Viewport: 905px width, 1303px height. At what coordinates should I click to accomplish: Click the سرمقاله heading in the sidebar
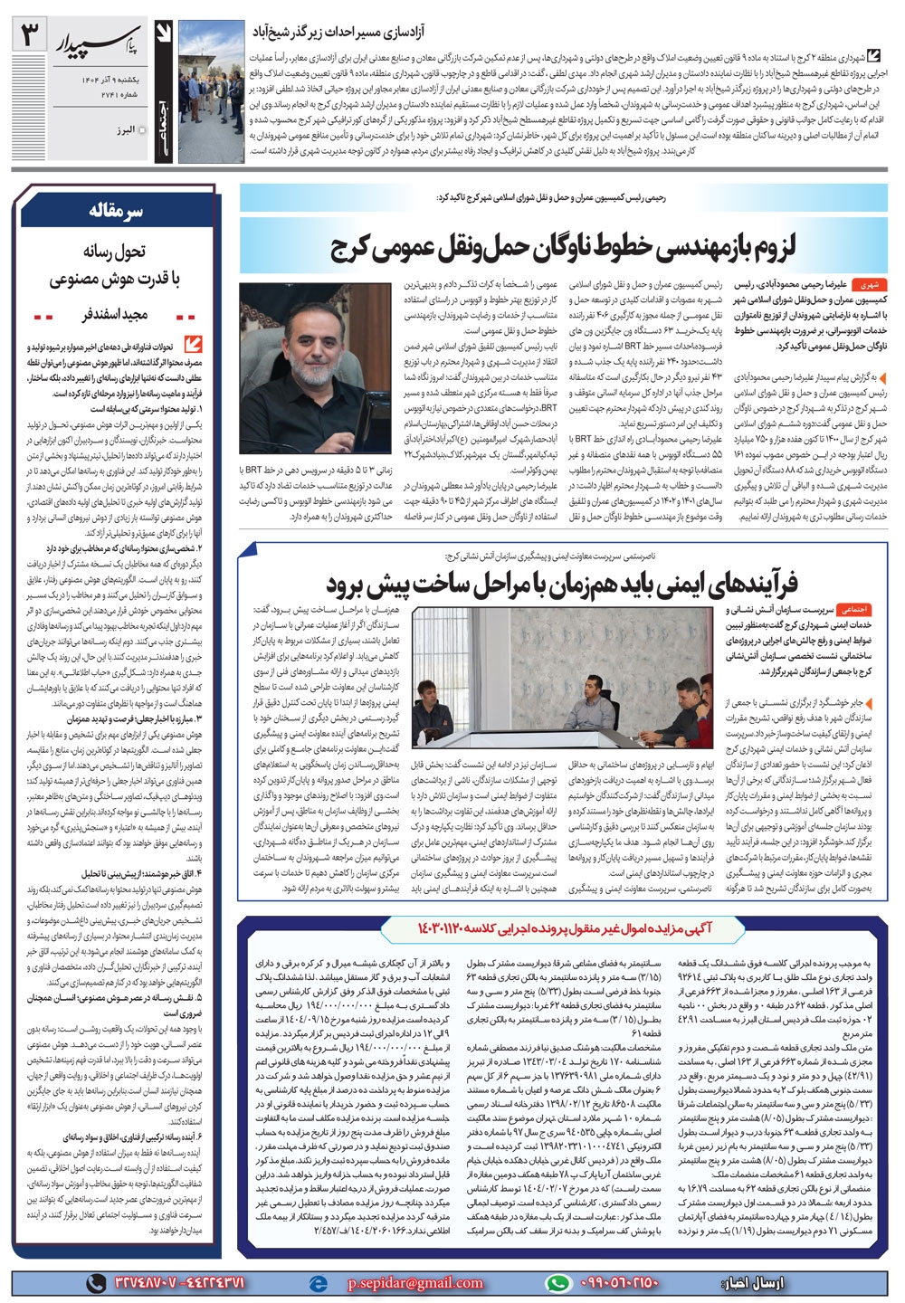117,210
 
